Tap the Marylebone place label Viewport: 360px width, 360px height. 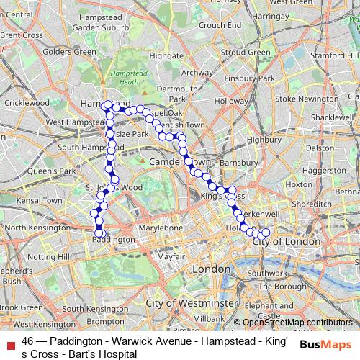pos(161,228)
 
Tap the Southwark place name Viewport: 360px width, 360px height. pos(267,274)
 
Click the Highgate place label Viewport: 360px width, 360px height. pos(166,55)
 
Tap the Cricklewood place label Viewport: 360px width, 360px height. pos(27,103)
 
